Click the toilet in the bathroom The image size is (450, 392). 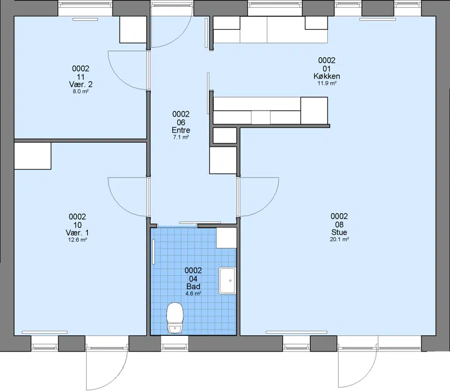[175, 318]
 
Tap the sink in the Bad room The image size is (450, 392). [227, 281]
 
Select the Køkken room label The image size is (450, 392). [327, 76]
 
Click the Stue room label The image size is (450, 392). [339, 232]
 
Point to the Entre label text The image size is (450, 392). [181, 130]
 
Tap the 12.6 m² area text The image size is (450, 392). [78, 240]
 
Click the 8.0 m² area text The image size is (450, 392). [80, 92]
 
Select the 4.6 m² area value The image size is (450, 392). [193, 293]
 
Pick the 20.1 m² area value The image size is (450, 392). [339, 239]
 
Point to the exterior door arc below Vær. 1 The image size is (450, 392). [118, 375]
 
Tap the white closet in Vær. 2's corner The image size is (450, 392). [133, 30]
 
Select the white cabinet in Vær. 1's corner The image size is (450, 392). [33, 156]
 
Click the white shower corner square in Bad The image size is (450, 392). [227, 238]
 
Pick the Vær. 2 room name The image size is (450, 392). [80, 85]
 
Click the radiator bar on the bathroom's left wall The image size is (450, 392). [154, 252]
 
